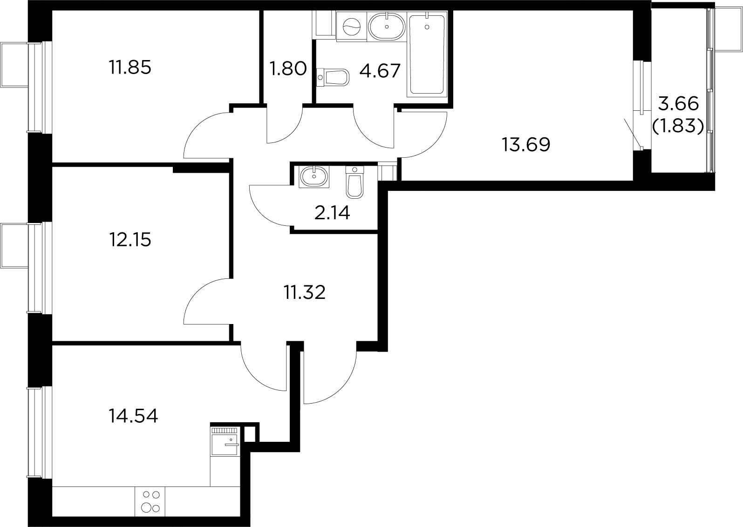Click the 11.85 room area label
click(x=130, y=68)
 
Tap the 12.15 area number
click(x=130, y=240)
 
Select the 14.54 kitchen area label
click(x=133, y=416)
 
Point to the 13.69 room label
click(x=526, y=145)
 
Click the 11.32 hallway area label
click(x=305, y=293)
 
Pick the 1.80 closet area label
click(x=288, y=69)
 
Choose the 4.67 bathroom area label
click(x=380, y=71)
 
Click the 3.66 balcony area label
click(x=678, y=104)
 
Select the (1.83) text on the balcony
click(x=678, y=125)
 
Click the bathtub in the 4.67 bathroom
click(x=426, y=55)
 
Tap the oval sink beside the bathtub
click(x=387, y=26)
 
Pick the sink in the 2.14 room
click(x=314, y=176)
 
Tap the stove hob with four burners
click(x=150, y=502)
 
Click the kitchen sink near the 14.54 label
click(x=225, y=443)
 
